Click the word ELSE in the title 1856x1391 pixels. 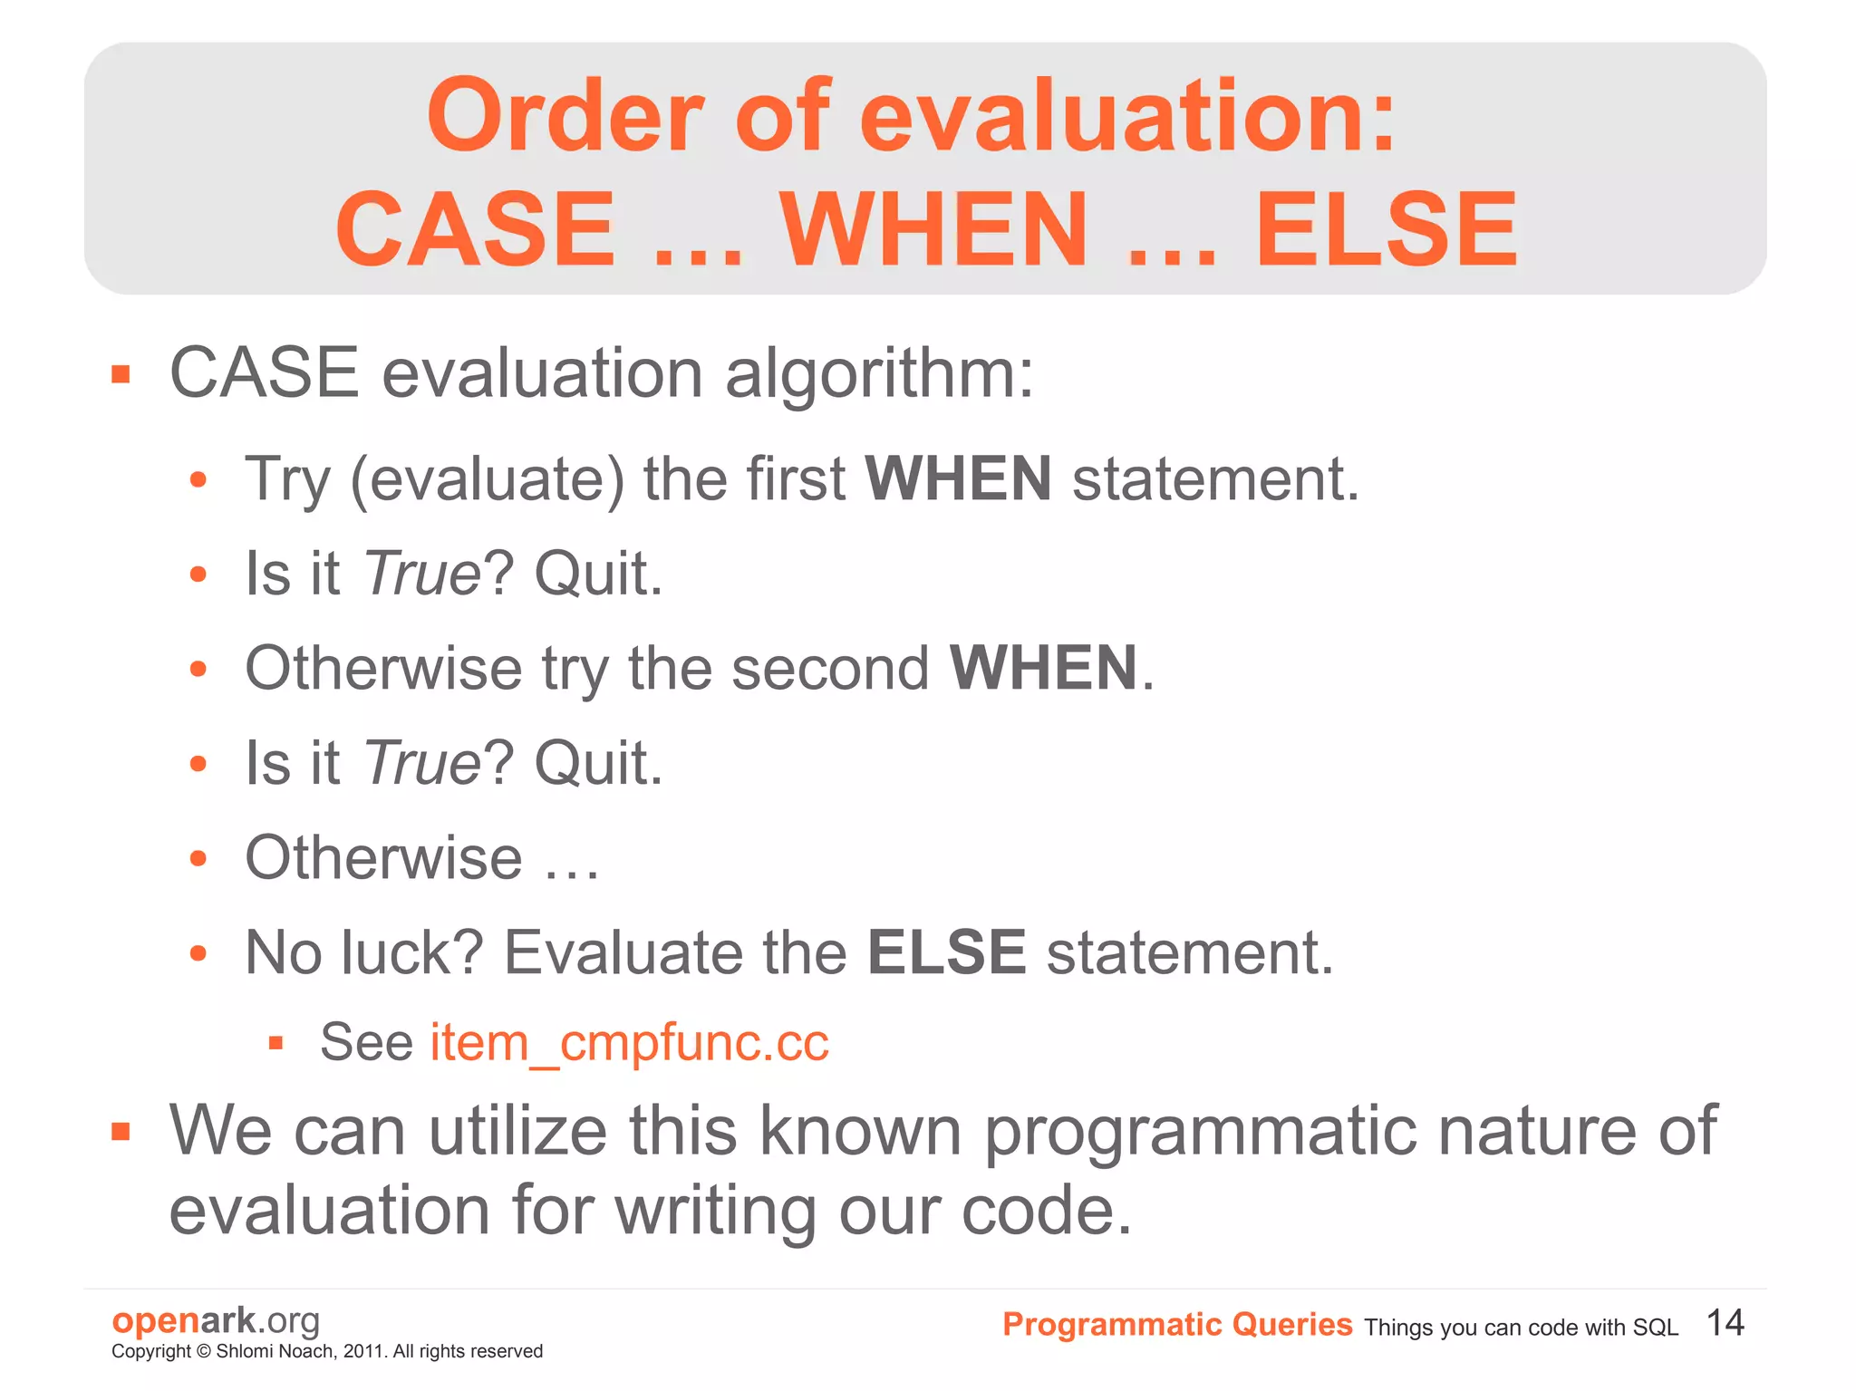[1386, 230]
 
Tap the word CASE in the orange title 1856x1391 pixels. [476, 230]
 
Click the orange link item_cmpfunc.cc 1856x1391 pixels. [629, 1042]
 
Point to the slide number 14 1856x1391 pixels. [1725, 1323]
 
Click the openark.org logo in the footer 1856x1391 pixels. [216, 1320]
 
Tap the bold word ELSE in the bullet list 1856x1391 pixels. [947, 952]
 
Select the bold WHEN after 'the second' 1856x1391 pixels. [1043, 669]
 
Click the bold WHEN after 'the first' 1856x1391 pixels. [958, 479]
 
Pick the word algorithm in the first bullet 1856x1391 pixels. [878, 374]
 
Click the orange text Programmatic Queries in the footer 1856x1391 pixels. [1176, 1325]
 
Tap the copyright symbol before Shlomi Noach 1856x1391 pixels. [204, 1352]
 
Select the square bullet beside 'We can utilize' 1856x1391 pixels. [121, 1132]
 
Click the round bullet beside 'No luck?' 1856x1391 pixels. [198, 952]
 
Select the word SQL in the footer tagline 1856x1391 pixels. [1655, 1328]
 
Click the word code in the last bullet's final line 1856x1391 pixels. [1045, 1212]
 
